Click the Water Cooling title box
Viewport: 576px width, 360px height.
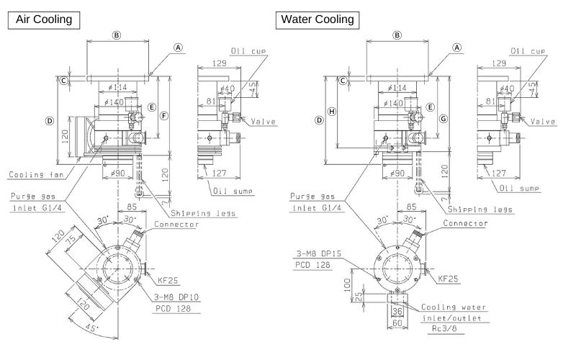[317, 19]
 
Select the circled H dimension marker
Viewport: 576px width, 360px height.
[332, 111]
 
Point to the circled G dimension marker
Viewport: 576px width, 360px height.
[444, 117]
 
